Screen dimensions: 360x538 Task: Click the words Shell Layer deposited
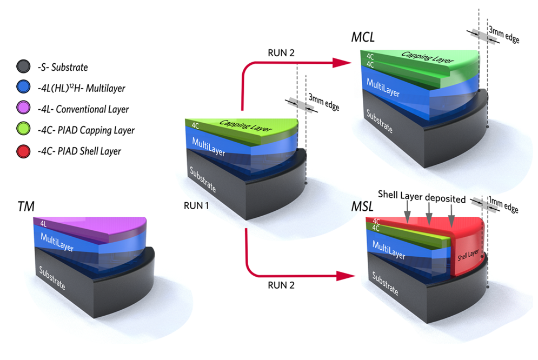pos(422,199)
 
